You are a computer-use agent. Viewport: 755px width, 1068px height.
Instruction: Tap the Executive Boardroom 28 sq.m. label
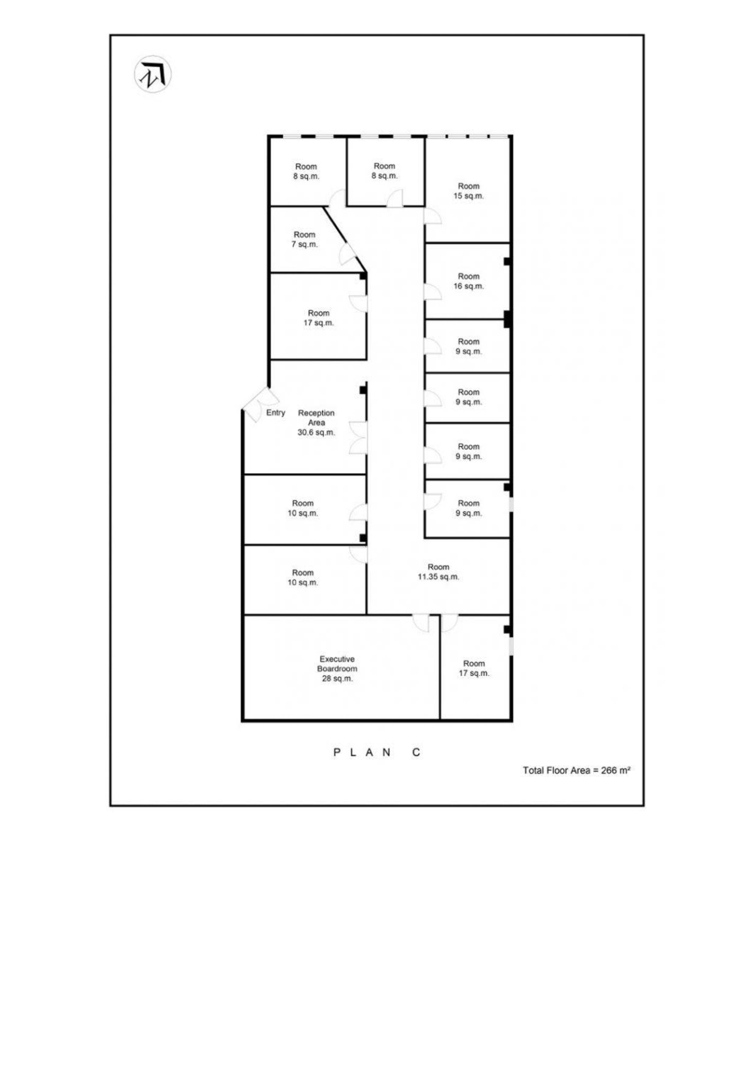337,669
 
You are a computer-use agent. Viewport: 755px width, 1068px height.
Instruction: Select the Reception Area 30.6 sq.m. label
316,422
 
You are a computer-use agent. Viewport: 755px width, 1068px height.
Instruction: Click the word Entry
275,413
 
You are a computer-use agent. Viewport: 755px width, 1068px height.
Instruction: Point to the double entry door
261,404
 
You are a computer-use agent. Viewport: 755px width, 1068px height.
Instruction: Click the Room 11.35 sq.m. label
439,572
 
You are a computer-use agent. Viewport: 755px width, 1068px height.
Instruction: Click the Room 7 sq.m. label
305,239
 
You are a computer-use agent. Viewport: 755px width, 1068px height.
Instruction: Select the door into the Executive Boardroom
421,623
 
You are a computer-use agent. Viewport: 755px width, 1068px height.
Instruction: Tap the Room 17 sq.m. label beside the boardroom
474,669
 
